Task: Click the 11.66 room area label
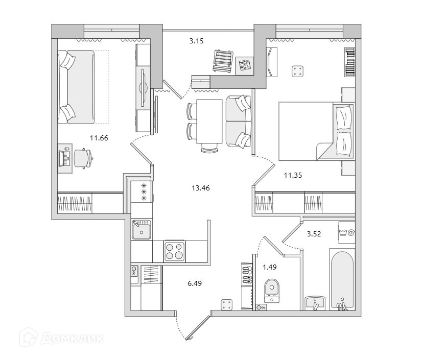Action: click(x=99, y=137)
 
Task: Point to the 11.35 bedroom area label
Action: click(x=293, y=175)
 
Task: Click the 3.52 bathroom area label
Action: click(x=314, y=234)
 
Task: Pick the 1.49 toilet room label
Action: click(x=270, y=266)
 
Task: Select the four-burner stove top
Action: click(x=175, y=251)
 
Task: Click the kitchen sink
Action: click(x=141, y=231)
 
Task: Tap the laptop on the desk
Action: click(x=64, y=158)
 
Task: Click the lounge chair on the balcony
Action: click(x=223, y=61)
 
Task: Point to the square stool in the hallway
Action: click(x=227, y=304)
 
